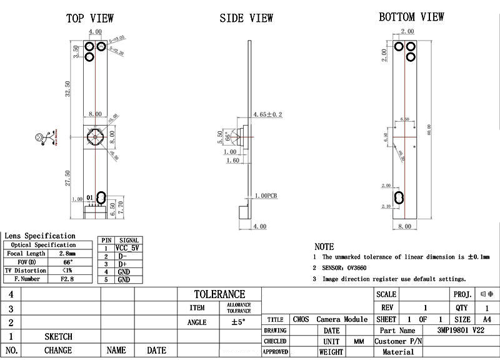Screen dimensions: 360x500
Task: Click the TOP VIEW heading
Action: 90,18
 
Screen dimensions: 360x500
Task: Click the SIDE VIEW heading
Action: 246,18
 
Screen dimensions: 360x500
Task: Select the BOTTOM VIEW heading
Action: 411,17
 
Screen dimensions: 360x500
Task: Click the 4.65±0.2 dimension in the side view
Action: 267,114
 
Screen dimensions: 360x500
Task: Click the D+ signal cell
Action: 124,264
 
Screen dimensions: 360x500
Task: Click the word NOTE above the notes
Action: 324,247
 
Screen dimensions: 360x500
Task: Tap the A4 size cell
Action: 487,319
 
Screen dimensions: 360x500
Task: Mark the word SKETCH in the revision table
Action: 58,336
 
